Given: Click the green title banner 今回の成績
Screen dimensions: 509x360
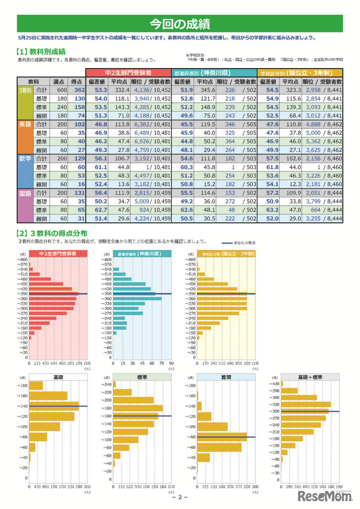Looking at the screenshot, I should (x=180, y=24).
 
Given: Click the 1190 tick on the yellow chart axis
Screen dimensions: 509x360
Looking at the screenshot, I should (x=255, y=363).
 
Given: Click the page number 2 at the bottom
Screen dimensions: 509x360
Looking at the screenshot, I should (x=180, y=497).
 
